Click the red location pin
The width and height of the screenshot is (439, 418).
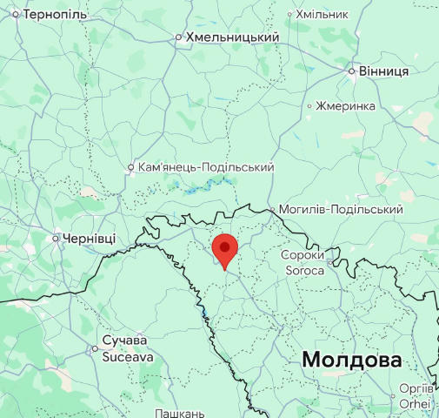click(225, 249)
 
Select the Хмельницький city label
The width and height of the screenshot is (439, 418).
click(231, 37)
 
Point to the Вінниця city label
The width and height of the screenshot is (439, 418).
click(383, 71)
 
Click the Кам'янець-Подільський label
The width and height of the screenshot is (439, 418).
click(207, 167)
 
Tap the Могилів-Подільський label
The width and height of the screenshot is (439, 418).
click(341, 210)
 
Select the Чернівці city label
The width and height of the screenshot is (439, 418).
click(88, 238)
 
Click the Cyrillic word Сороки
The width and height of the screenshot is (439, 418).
click(303, 255)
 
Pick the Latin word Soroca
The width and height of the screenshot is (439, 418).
click(303, 270)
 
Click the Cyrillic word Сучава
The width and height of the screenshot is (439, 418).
click(124, 340)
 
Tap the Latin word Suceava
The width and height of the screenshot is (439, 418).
click(128, 356)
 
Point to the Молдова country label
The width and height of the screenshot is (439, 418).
click(351, 360)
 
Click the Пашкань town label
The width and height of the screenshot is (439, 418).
click(179, 413)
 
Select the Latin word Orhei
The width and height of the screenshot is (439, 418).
click(415, 404)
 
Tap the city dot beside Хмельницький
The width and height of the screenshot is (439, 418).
click(178, 37)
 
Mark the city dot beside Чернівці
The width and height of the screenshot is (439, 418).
click(56, 238)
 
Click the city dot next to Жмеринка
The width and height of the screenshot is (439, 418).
click(309, 105)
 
